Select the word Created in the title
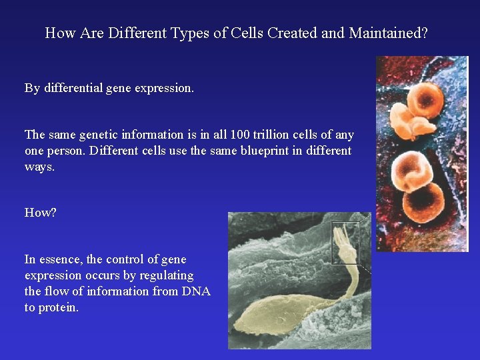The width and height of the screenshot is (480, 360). point(291,33)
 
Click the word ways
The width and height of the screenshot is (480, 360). point(40,167)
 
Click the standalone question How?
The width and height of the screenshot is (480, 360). point(41,213)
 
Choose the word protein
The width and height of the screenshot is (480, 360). point(58,307)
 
